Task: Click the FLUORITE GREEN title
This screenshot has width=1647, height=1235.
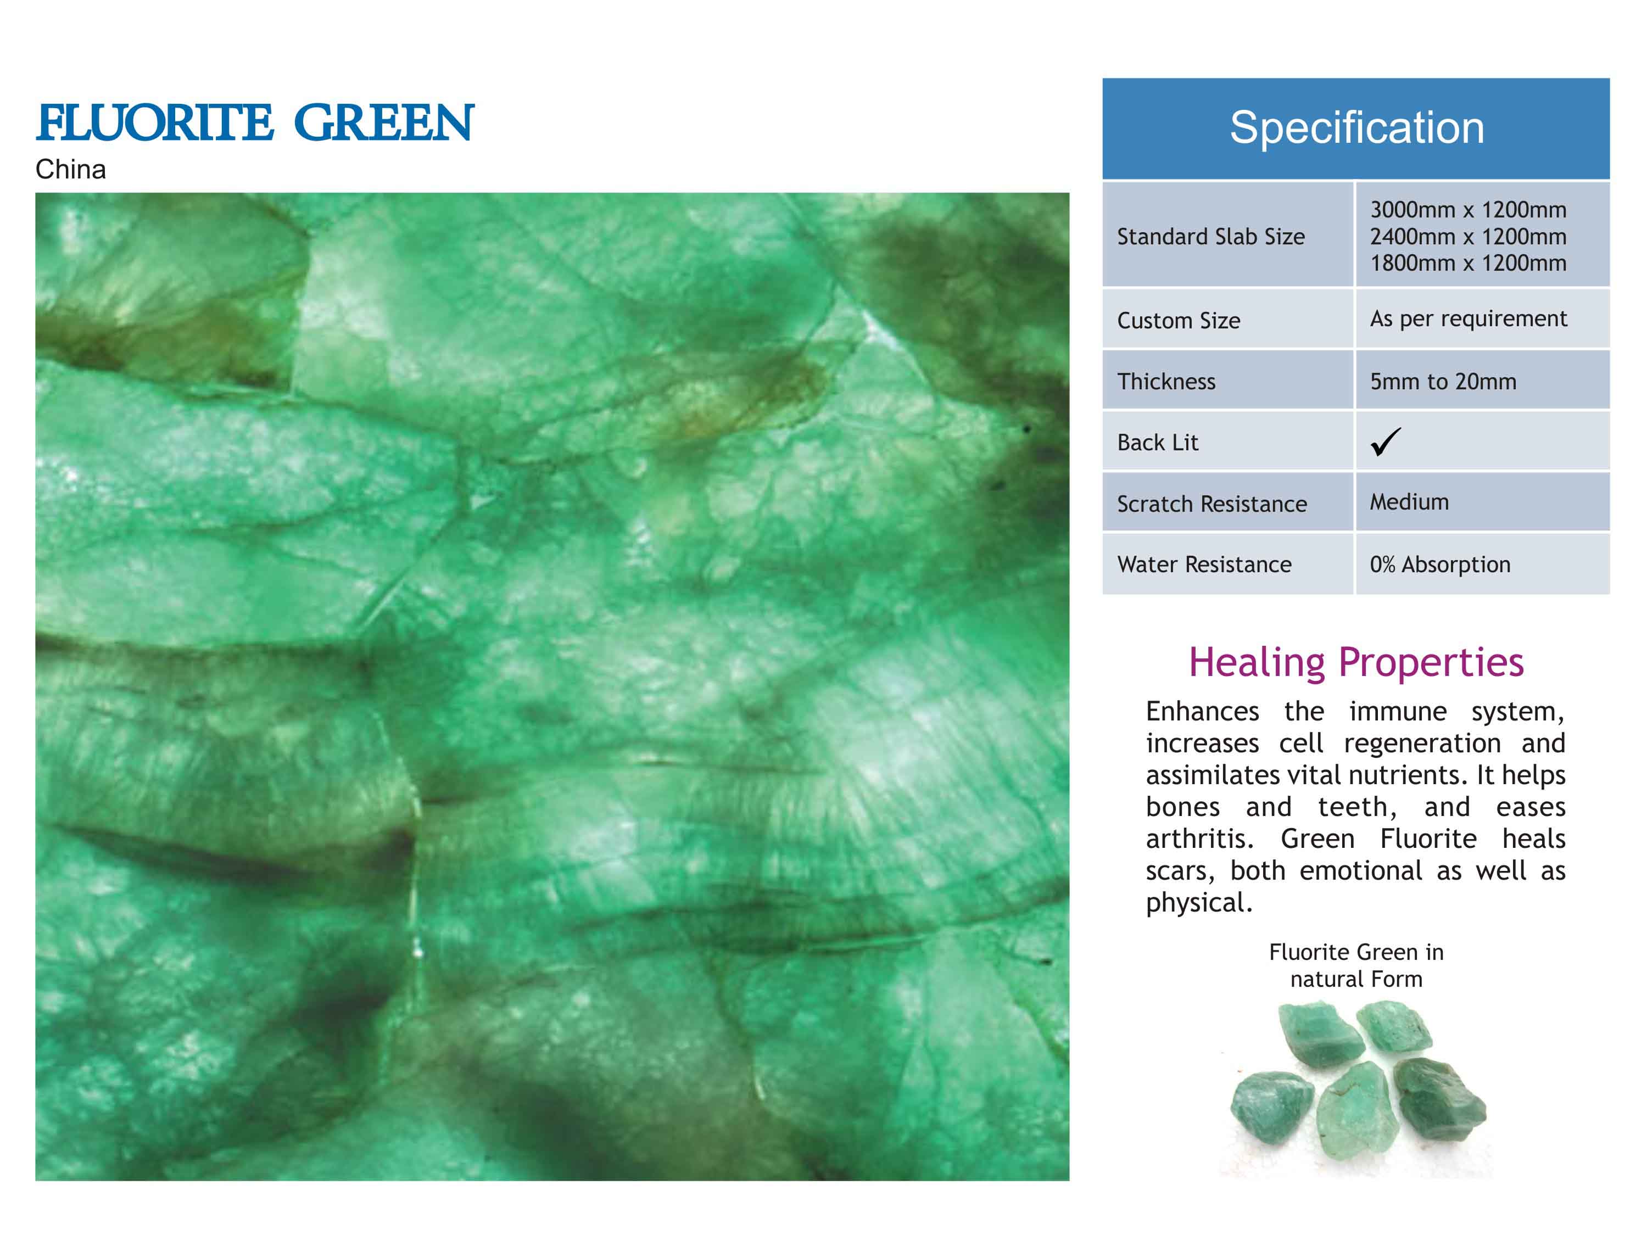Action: click(255, 123)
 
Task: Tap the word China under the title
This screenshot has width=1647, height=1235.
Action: click(71, 170)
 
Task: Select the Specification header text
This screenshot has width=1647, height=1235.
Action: click(1356, 127)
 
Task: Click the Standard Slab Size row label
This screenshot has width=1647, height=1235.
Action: click(1211, 237)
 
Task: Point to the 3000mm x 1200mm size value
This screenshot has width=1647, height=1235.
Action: click(1469, 210)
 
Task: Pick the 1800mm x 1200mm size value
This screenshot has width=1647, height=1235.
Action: click(1469, 263)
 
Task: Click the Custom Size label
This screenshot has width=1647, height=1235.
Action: click(1179, 321)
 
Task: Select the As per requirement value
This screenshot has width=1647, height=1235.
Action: click(1469, 318)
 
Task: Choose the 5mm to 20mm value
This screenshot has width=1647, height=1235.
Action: click(1443, 381)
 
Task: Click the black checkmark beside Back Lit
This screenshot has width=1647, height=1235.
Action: click(1386, 442)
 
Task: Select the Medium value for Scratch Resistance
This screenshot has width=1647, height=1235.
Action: click(1410, 502)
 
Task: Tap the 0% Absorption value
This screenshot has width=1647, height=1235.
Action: click(1440, 565)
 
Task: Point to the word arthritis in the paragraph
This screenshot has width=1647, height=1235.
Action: click(1199, 839)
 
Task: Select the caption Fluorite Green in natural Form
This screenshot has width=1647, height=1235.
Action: click(1356, 965)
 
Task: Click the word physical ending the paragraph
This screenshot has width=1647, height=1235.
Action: click(1199, 903)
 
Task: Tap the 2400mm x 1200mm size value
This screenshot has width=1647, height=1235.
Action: click(1469, 237)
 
